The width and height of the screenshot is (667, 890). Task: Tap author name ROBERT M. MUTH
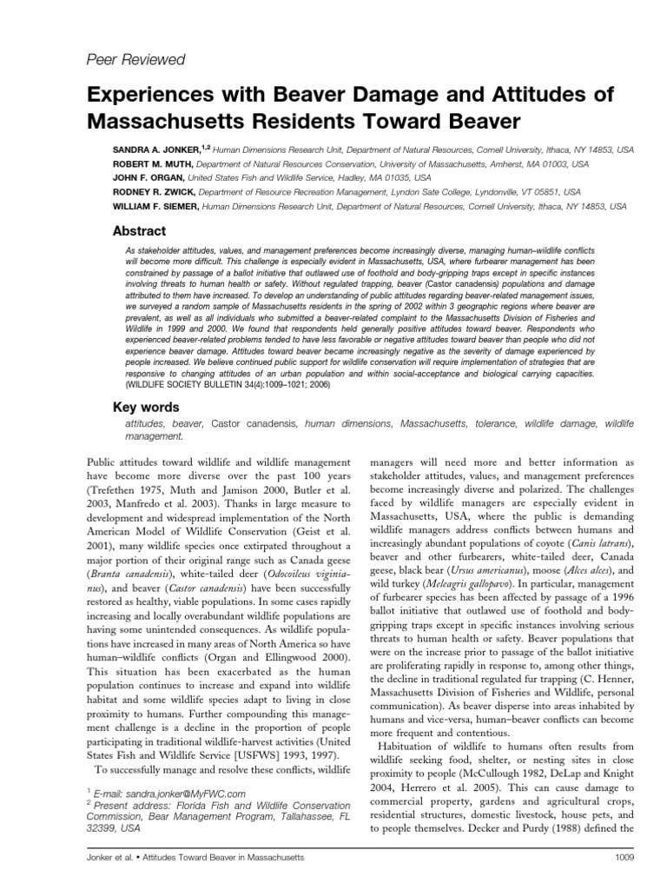[x=150, y=163]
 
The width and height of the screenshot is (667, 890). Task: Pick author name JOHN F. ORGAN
[x=144, y=177]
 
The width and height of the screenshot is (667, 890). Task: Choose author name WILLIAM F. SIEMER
[x=153, y=207]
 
